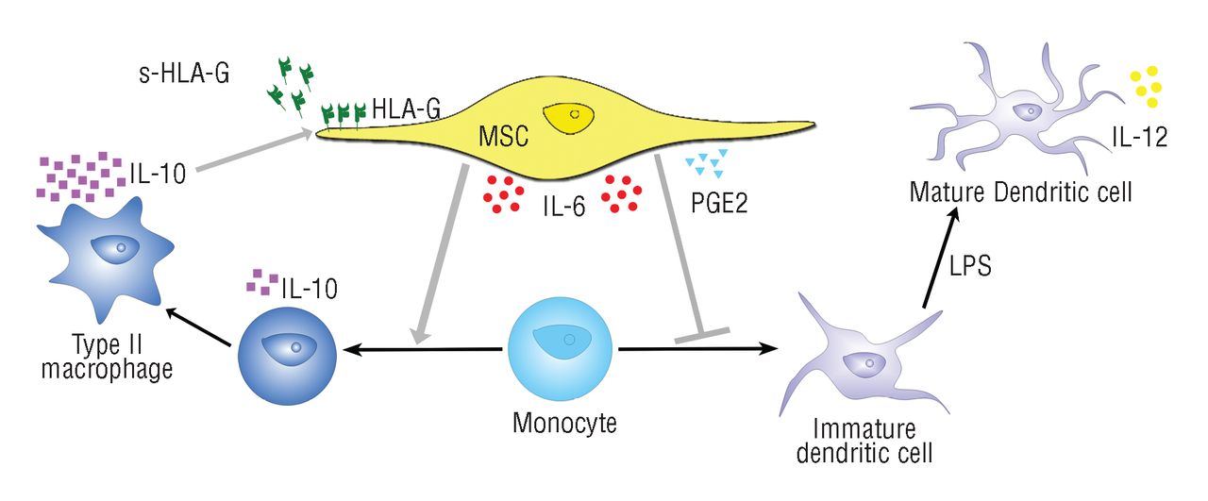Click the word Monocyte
pyautogui.click(x=564, y=422)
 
